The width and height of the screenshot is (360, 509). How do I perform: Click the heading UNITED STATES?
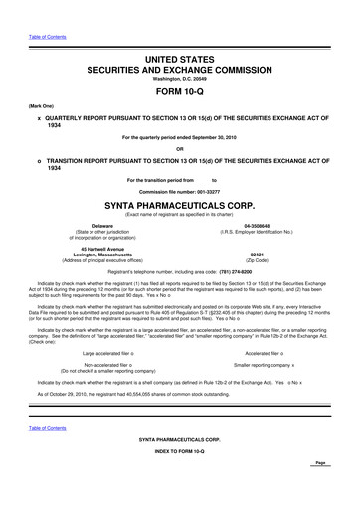(179, 33)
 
